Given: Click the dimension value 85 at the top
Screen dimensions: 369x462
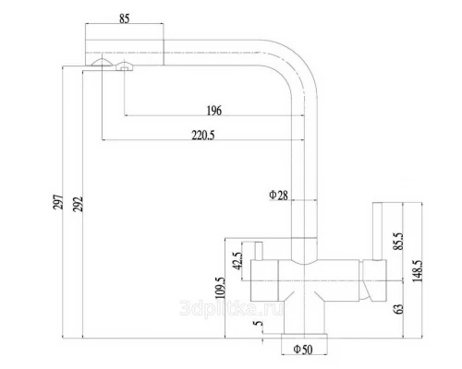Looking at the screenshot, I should coord(124,18).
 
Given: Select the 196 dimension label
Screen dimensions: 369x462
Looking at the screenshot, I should coord(213,111).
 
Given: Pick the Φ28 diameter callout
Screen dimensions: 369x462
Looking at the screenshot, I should coord(278,195).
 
